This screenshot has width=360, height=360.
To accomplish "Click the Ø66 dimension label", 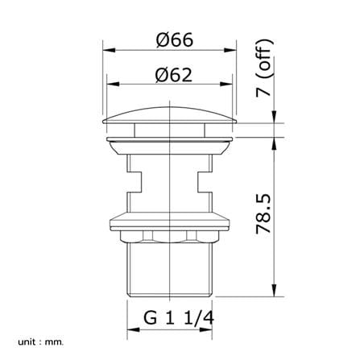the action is pos(175,40).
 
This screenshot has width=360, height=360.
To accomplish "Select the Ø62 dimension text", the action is pos(174,75).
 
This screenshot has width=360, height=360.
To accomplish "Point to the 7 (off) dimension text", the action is pos(264,68).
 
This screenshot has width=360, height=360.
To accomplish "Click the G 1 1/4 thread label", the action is pos(179,318).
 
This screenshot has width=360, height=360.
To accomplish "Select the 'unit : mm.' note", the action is pos(41,342).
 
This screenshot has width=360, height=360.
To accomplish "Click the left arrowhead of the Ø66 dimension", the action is pos(109,50).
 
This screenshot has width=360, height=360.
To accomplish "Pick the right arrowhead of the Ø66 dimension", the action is pos(230,50).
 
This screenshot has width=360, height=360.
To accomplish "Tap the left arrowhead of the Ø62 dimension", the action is pos(113,84).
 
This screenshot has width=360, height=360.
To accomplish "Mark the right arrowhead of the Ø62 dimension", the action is pos(226,84).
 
